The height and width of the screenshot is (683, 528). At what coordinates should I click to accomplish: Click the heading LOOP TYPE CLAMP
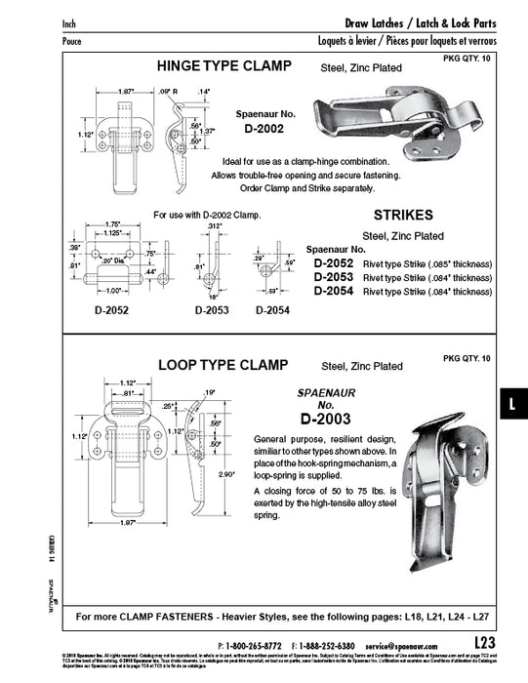pyautogui.click(x=222, y=366)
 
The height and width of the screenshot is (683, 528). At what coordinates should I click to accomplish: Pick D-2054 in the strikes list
pyautogui.click(x=333, y=291)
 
